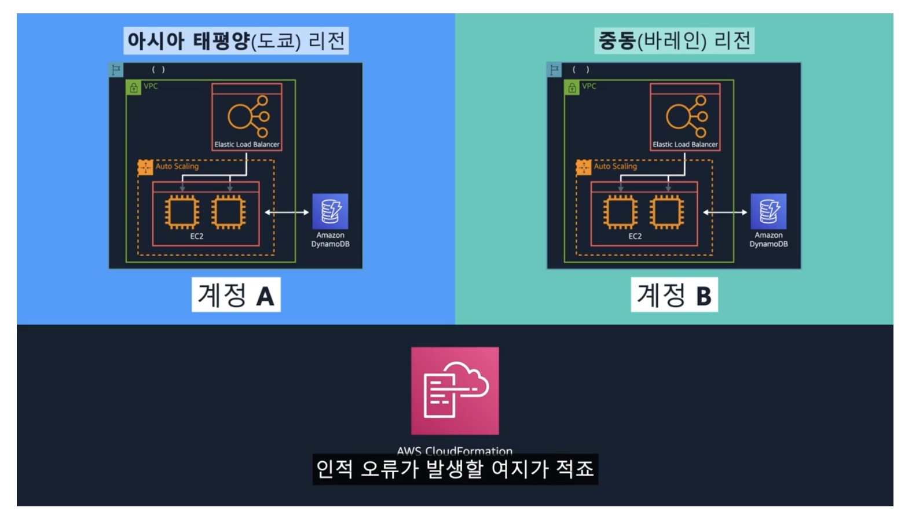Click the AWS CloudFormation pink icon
455,391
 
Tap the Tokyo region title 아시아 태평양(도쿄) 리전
236,41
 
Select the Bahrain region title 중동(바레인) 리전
674,41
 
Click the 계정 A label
236,295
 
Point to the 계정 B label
674,295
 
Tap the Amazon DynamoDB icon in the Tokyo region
330,211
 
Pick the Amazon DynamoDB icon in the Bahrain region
768,211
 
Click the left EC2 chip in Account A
182,212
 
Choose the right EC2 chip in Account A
228,212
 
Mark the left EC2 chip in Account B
620,212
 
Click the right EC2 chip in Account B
666,212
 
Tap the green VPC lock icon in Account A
134,87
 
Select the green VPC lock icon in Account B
572,87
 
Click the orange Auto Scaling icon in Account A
145,167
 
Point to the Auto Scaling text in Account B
615,166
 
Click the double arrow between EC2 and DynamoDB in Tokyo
287,212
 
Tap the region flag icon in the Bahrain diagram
554,70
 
